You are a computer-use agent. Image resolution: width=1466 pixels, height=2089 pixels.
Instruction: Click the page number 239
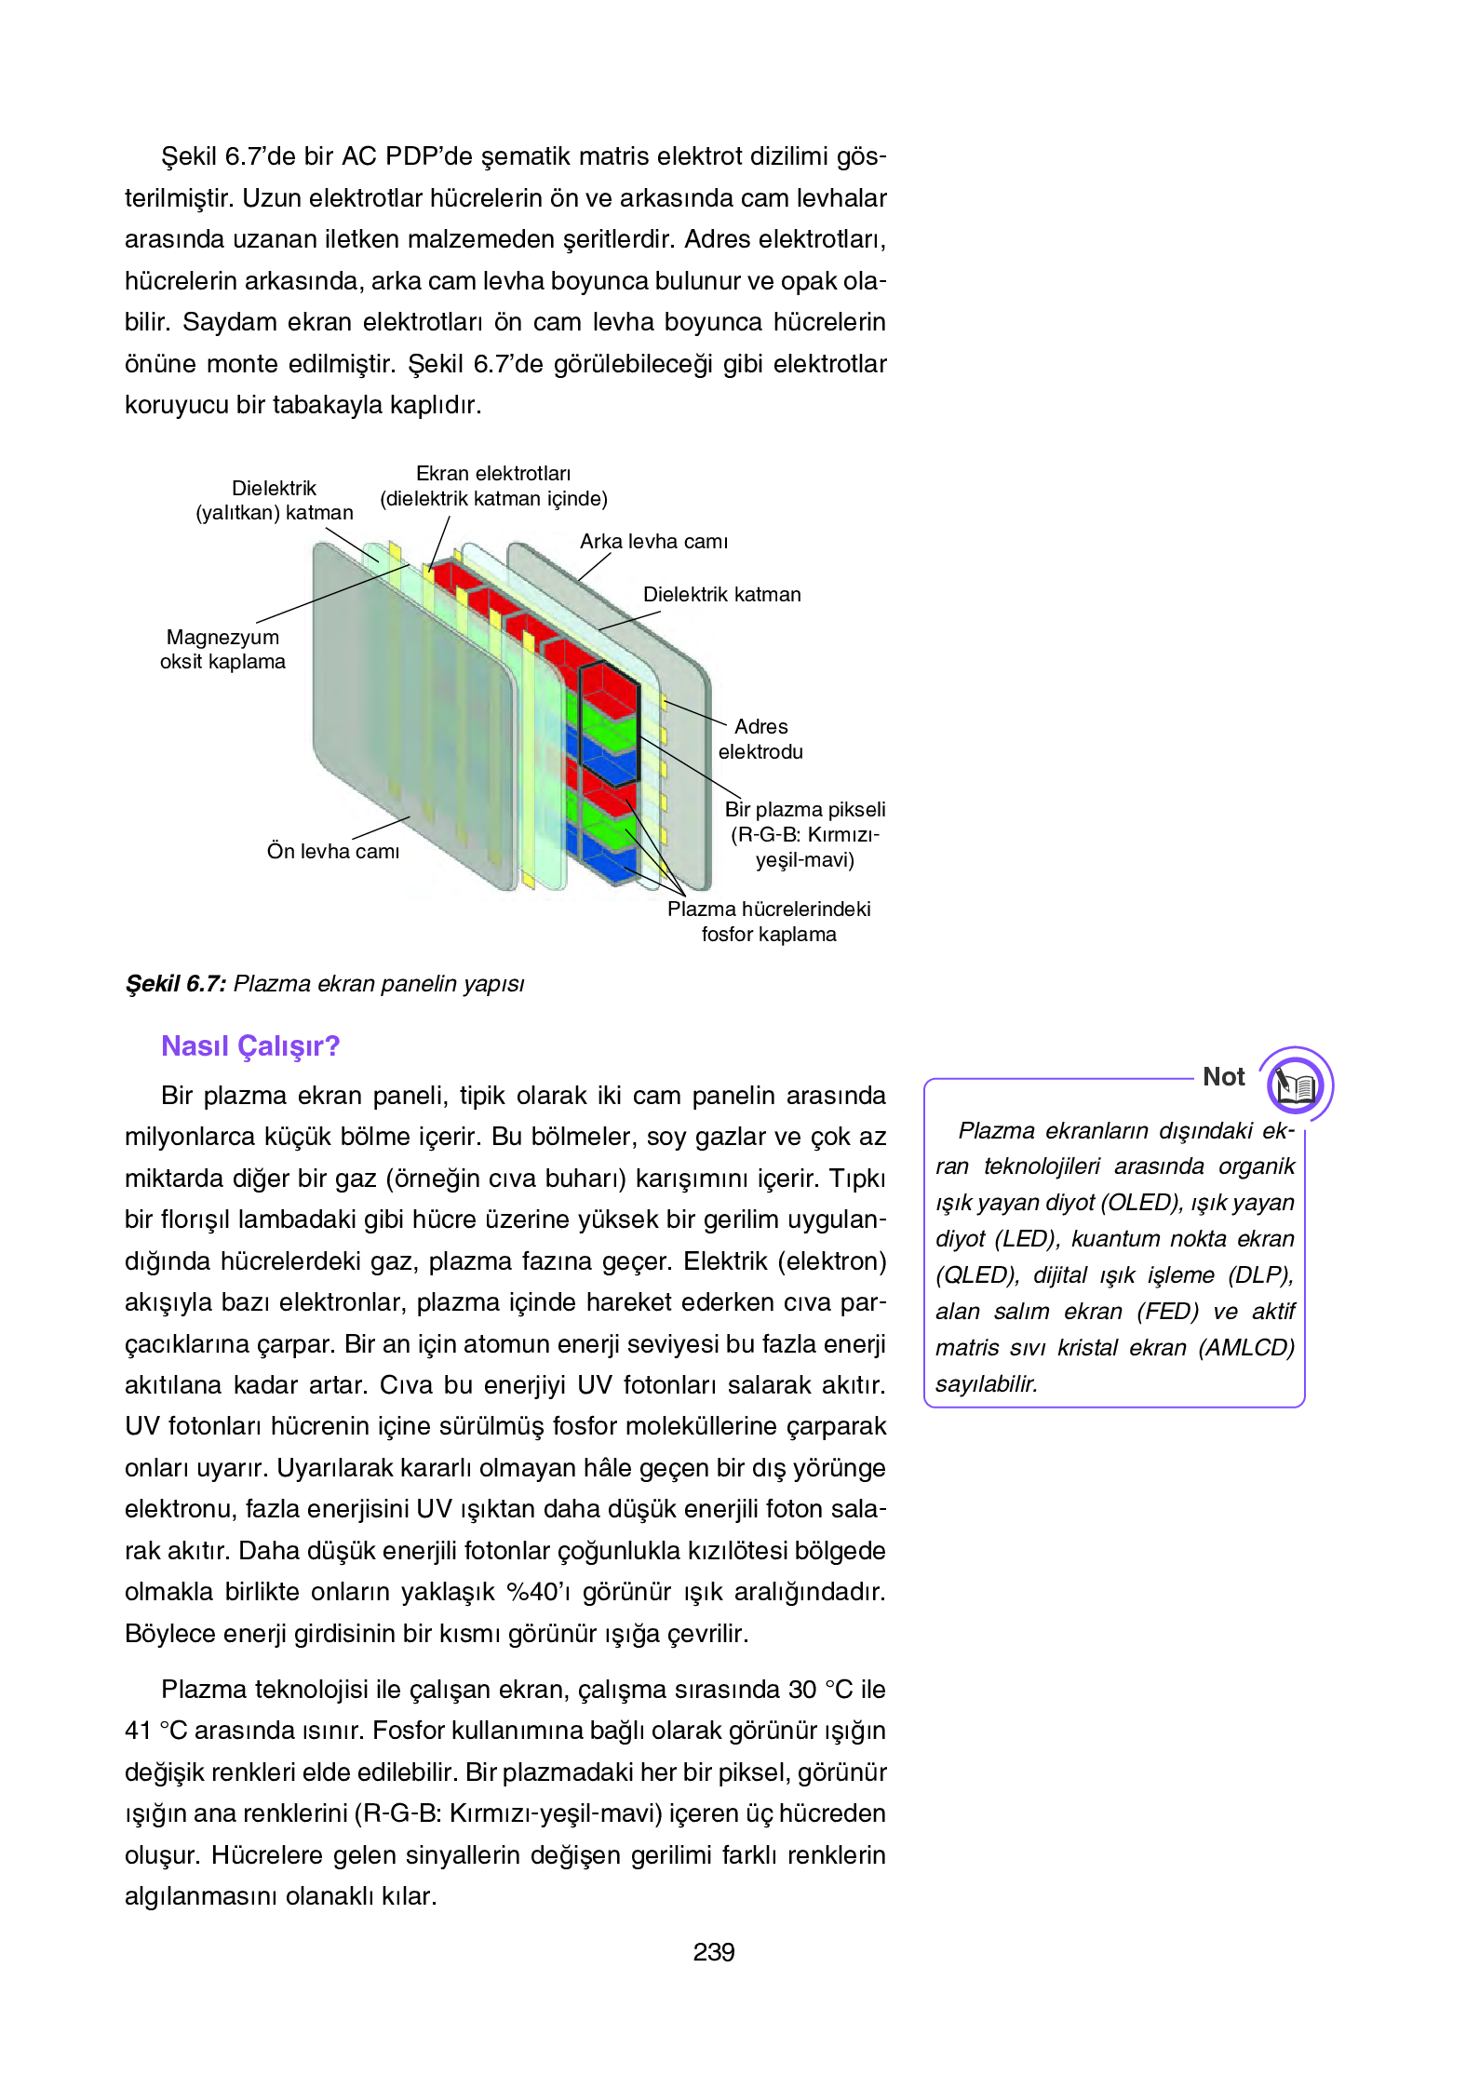[x=713, y=1952]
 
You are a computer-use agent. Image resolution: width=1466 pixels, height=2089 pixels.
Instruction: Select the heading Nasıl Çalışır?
[x=250, y=1046]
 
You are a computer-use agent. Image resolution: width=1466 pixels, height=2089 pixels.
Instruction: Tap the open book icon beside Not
[x=1295, y=1085]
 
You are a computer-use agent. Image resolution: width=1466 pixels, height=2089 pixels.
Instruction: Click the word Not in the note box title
[x=1223, y=1077]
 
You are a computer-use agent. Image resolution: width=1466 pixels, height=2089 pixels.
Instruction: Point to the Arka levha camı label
[x=653, y=542]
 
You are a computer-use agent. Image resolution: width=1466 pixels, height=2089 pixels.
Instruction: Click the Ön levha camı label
[x=332, y=851]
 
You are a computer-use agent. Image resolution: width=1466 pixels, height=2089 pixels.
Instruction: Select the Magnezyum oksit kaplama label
[x=222, y=650]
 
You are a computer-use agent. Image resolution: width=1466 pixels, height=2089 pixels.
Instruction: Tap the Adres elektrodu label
[x=760, y=739]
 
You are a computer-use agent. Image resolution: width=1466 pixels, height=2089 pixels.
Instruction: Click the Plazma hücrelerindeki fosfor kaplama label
[x=769, y=922]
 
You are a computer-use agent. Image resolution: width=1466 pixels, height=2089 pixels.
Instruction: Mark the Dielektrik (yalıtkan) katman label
[x=274, y=501]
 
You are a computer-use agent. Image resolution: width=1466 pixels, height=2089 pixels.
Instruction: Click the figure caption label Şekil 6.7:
[x=176, y=984]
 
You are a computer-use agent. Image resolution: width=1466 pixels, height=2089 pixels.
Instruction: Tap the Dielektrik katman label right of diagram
[x=721, y=595]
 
